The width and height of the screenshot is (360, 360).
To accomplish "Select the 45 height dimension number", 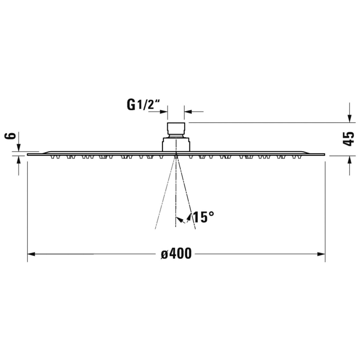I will point(349,138).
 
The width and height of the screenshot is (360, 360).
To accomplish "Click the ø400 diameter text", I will point(176,254).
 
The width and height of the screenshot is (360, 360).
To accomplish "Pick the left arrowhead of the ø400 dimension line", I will point(31,254).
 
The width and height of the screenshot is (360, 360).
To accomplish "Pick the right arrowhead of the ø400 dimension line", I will point(322,254).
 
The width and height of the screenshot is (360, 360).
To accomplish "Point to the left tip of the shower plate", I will point(28,153).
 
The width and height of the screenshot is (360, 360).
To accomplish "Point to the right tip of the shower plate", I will point(325,153).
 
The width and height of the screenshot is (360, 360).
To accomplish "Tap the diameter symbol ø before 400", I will point(164,254).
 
